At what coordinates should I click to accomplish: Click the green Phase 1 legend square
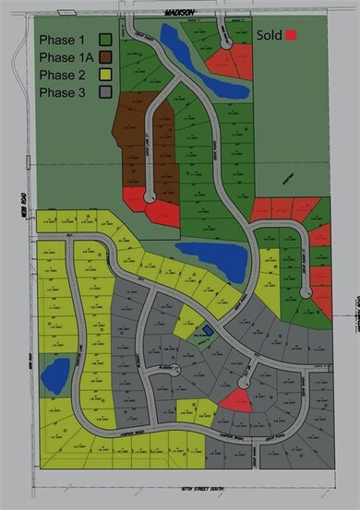point(106,40)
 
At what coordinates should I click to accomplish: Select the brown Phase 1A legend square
point(106,57)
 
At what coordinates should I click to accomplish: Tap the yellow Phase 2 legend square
point(106,75)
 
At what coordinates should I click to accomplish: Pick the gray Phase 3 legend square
point(106,92)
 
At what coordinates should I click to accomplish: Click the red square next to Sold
point(292,35)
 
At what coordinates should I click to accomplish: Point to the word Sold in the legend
point(269,35)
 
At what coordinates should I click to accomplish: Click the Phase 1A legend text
point(66,57)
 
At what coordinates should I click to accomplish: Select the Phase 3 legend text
point(62,92)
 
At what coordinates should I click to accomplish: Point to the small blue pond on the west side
point(54,374)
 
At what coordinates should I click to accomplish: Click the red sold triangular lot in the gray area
point(235,400)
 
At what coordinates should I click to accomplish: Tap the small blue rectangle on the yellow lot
point(208,329)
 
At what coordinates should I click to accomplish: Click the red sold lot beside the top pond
point(224,64)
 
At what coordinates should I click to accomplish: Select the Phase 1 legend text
point(62,40)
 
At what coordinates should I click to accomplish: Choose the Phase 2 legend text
point(62,75)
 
